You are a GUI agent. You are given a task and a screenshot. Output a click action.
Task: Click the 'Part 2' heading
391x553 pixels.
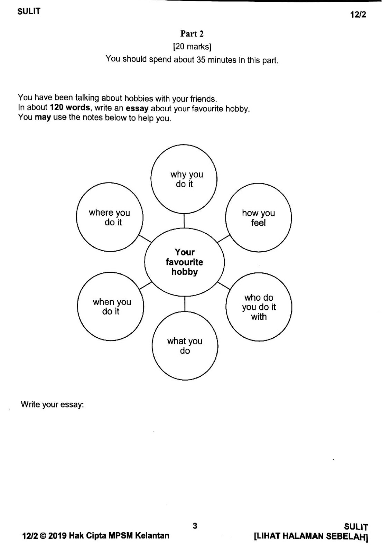(x=192, y=34)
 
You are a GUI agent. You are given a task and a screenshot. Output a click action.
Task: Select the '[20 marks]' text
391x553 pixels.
(x=192, y=46)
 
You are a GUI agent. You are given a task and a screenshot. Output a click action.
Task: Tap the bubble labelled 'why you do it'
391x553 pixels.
(x=184, y=179)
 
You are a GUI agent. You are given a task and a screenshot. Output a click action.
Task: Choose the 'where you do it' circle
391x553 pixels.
(x=110, y=217)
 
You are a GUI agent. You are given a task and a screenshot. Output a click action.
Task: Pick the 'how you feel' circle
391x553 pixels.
(x=258, y=218)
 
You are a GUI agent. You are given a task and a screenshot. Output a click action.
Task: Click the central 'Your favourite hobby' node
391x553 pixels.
(x=184, y=262)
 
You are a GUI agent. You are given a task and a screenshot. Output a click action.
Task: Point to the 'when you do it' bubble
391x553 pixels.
(x=111, y=307)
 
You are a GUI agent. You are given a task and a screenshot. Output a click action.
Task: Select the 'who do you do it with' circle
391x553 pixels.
(x=259, y=307)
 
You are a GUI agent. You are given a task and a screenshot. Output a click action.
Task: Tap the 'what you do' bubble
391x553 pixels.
(x=185, y=346)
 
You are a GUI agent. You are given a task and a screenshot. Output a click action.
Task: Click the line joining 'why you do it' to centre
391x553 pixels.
(x=184, y=221)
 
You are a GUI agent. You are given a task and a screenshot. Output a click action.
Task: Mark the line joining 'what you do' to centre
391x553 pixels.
(x=185, y=304)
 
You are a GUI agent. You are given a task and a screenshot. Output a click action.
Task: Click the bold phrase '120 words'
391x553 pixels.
(x=70, y=107)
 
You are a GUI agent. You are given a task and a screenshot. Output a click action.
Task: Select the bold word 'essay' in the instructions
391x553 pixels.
(x=137, y=108)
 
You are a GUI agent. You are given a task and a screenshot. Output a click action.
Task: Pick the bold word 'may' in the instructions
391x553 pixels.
(x=43, y=117)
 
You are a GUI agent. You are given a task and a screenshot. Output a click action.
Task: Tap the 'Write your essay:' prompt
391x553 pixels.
(x=53, y=404)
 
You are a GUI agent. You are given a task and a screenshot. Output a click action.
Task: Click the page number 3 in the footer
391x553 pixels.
(x=195, y=526)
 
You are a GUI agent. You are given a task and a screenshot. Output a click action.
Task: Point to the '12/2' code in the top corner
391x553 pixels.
(x=358, y=15)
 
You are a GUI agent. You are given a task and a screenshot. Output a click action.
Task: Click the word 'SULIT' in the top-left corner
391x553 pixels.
(x=29, y=11)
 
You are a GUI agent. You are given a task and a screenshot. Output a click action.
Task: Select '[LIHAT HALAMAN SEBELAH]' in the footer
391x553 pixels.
(x=311, y=536)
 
